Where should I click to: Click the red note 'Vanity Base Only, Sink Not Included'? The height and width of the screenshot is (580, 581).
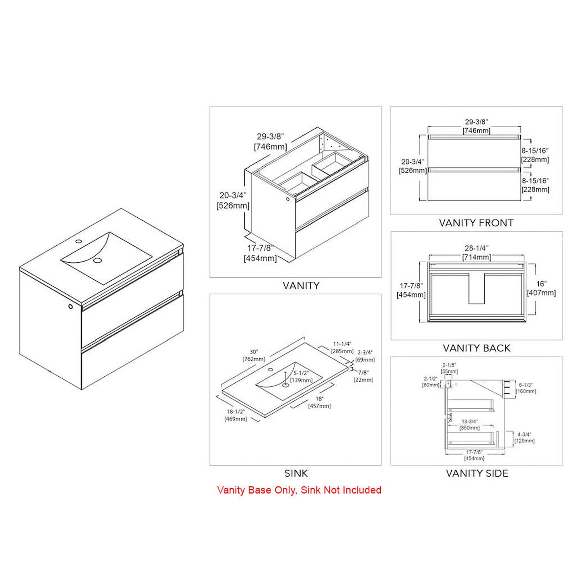[299, 490]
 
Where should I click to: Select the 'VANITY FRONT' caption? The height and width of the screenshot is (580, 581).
[476, 223]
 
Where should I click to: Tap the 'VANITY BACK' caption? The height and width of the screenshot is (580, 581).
[476, 348]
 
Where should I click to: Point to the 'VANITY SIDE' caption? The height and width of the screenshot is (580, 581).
[477, 473]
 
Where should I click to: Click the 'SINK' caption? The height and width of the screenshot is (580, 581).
[296, 473]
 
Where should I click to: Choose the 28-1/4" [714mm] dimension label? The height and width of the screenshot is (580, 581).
[476, 253]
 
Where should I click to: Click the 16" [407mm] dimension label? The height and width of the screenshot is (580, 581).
[541, 288]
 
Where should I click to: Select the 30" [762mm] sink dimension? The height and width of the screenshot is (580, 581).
[254, 355]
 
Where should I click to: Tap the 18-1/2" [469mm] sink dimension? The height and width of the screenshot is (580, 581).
[236, 415]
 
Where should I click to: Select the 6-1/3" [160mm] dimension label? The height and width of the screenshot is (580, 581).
[526, 388]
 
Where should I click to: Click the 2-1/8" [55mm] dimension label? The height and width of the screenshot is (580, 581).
[449, 368]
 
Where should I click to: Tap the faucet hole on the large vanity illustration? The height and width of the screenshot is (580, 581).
[79, 241]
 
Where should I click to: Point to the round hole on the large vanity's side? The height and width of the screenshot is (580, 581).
[70, 306]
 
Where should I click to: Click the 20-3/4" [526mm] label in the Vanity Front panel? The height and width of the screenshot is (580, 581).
[413, 166]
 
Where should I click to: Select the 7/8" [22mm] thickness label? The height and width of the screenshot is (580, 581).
[363, 376]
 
